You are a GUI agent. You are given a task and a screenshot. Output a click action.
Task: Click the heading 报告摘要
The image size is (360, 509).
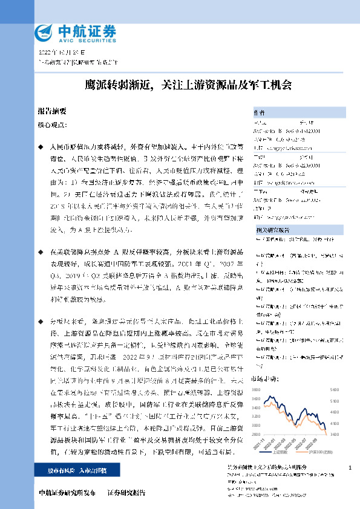[52, 112]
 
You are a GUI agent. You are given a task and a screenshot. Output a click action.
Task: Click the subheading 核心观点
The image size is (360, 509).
[51, 125]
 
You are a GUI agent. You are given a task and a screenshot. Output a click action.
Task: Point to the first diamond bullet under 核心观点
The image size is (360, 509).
[41, 148]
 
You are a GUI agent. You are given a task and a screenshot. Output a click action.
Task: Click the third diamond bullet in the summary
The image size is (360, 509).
[41, 319]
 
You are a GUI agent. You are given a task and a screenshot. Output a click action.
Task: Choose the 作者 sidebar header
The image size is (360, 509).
[260, 113]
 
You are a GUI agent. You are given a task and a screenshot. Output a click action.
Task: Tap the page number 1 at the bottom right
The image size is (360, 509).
[351, 468]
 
